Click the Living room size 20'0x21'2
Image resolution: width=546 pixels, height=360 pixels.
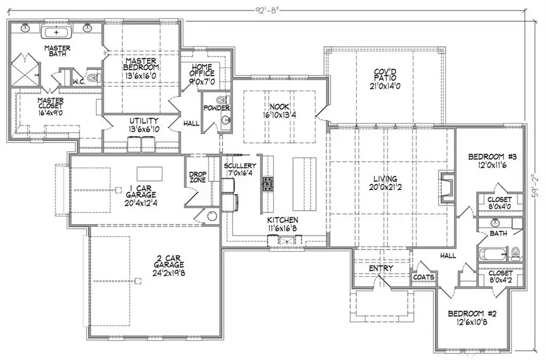coord(385,187)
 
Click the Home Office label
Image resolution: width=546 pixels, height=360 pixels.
coord(202,70)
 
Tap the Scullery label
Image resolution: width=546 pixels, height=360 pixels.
coord(239,166)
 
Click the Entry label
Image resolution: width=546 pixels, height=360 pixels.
coord(380,268)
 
